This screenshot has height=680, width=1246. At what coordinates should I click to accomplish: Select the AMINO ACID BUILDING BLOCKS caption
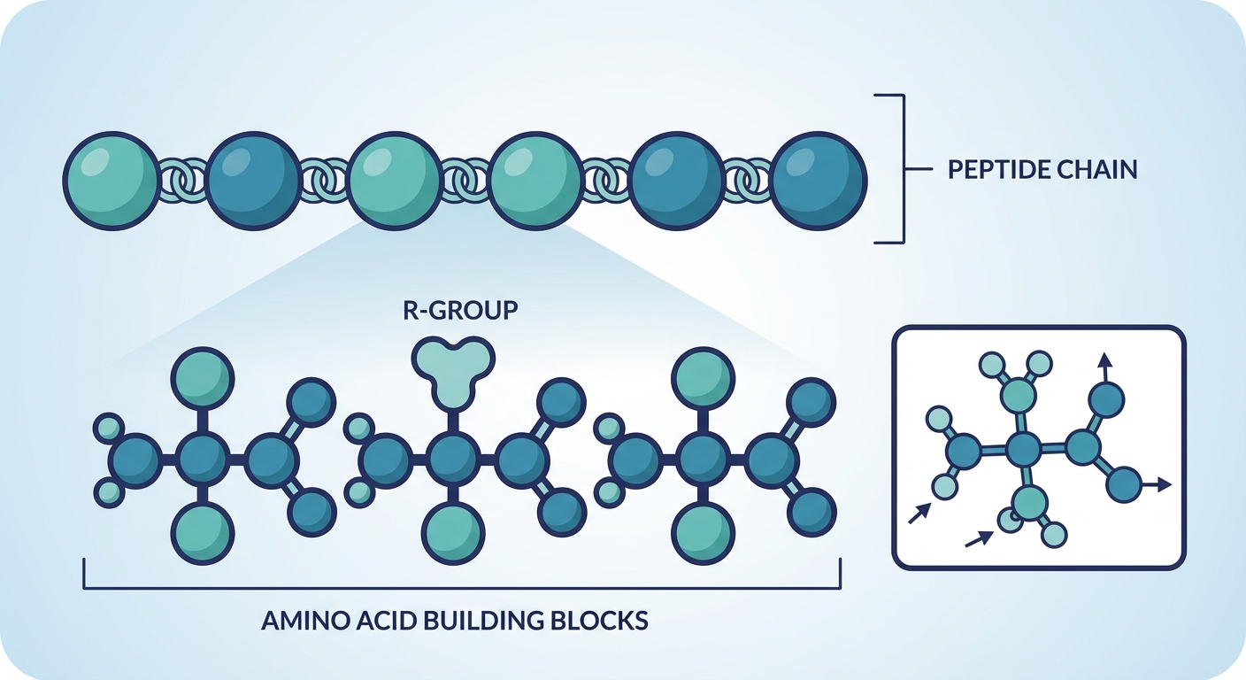(455, 620)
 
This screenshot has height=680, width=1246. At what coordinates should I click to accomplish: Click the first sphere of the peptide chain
(111, 181)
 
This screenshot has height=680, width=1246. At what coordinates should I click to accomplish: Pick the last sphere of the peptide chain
(819, 181)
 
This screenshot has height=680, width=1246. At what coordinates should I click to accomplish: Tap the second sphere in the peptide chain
(253, 181)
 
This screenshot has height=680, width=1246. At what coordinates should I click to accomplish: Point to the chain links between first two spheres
(182, 182)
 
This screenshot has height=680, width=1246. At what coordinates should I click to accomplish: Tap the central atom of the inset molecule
(1025, 450)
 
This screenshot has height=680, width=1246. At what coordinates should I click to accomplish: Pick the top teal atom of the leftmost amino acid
(203, 378)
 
